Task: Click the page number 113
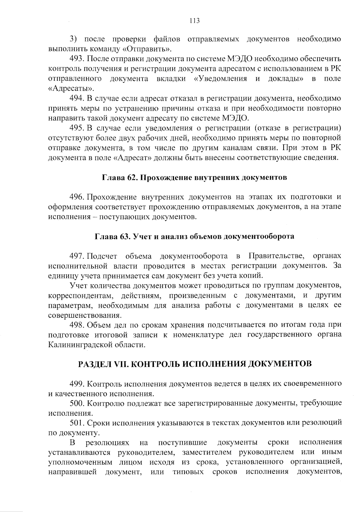[x=194, y=21]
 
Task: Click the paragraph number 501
[x=77, y=423]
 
